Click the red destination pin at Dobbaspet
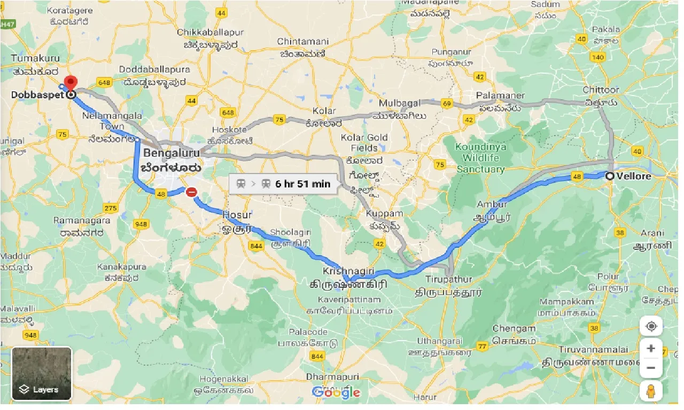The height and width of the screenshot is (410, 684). tap(70, 83)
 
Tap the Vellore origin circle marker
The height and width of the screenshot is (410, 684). tap(610, 176)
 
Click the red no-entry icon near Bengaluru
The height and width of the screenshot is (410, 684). tap(191, 192)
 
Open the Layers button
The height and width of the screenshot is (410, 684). tap(42, 374)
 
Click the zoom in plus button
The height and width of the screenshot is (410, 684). tap(650, 349)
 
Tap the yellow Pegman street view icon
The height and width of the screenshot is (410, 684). tap(650, 391)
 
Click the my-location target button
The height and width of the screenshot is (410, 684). tap(650, 326)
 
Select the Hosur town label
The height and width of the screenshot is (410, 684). tap(237, 215)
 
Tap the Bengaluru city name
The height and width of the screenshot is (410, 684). tap(171, 154)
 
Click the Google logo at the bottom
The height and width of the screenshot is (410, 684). tap(336, 392)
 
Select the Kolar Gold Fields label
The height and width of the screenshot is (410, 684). tap(364, 143)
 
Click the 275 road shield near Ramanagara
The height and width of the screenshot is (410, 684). tap(111, 208)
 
